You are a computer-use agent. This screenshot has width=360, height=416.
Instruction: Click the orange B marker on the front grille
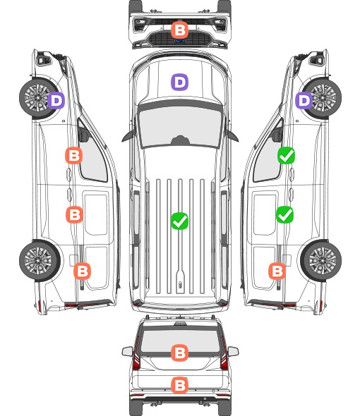tap(179, 30)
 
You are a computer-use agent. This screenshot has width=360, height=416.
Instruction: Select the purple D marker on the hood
tap(179, 82)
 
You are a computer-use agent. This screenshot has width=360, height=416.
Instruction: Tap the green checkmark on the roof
tap(179, 221)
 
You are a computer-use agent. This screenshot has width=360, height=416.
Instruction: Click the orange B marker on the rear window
tap(179, 353)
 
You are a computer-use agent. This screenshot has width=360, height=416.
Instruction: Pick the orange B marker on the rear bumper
tap(179, 385)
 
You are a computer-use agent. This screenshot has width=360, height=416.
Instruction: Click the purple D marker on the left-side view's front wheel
tap(56, 100)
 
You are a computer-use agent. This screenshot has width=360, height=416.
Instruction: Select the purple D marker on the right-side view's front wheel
tap(304, 100)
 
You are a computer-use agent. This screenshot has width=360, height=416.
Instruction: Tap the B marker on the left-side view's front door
tap(74, 155)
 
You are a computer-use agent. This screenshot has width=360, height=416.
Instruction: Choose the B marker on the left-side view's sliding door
tap(74, 214)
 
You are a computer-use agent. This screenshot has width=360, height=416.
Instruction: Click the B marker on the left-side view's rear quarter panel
tap(82, 271)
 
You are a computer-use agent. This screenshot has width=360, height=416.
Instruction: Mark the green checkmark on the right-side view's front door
tap(286, 155)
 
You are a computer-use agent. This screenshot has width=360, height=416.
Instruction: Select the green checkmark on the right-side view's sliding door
tap(284, 214)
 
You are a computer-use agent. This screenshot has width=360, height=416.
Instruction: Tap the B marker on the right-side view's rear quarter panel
tap(277, 271)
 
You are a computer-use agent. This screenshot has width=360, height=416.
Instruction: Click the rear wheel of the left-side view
tap(39, 261)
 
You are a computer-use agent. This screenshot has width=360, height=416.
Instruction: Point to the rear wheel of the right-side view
tap(321, 261)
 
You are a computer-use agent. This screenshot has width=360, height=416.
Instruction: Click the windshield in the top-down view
tap(180, 126)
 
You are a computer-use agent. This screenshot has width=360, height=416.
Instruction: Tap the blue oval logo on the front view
tap(180, 41)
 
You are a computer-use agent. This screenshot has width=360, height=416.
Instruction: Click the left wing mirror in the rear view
tap(127, 351)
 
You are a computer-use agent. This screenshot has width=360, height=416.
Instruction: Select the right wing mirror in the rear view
tap(233, 351)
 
